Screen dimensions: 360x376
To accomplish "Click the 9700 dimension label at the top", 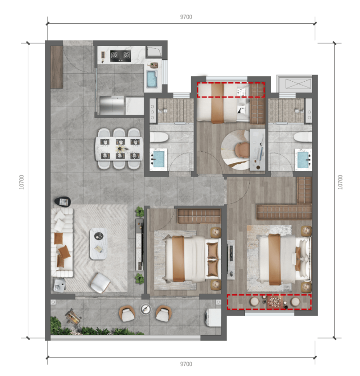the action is pos(186,17).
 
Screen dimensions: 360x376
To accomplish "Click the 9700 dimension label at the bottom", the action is pos(186,364).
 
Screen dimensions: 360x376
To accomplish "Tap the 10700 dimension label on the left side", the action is pos(21,182).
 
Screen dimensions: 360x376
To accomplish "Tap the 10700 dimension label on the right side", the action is pos(340,182).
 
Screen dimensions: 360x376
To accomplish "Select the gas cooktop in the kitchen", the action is pos(120,56).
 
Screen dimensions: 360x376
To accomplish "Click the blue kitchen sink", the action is pos(152,78).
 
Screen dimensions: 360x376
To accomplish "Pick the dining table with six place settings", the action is pos(119,149).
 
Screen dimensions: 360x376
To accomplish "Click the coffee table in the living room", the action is pos(98,244).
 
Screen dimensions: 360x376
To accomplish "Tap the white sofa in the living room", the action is pos(62,242).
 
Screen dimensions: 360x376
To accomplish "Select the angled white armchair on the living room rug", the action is pos(100,283).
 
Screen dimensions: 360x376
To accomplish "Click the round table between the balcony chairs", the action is pos(145,309).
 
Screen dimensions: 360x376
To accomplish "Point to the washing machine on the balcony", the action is pos(213,318).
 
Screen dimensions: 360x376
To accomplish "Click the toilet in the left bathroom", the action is pos(159,137).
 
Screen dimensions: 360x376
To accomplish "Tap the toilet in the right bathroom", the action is pos(303,137).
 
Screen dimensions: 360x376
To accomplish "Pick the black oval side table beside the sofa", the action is pos(63,201).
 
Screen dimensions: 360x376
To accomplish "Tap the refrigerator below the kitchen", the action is pos(112,106).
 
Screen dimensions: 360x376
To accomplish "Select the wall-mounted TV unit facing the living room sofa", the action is pos(140,245).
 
